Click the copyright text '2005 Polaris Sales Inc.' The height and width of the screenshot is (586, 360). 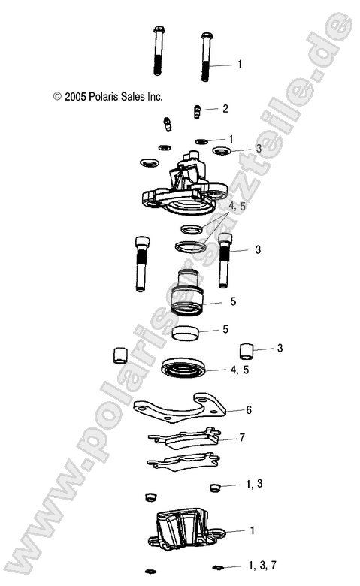(x=107, y=97)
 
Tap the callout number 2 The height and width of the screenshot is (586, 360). (x=225, y=109)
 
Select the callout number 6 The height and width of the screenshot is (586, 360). (x=250, y=410)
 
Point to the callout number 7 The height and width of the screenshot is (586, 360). (x=242, y=436)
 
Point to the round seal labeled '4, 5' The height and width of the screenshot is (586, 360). (x=185, y=369)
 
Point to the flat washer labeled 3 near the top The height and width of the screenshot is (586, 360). (x=221, y=151)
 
